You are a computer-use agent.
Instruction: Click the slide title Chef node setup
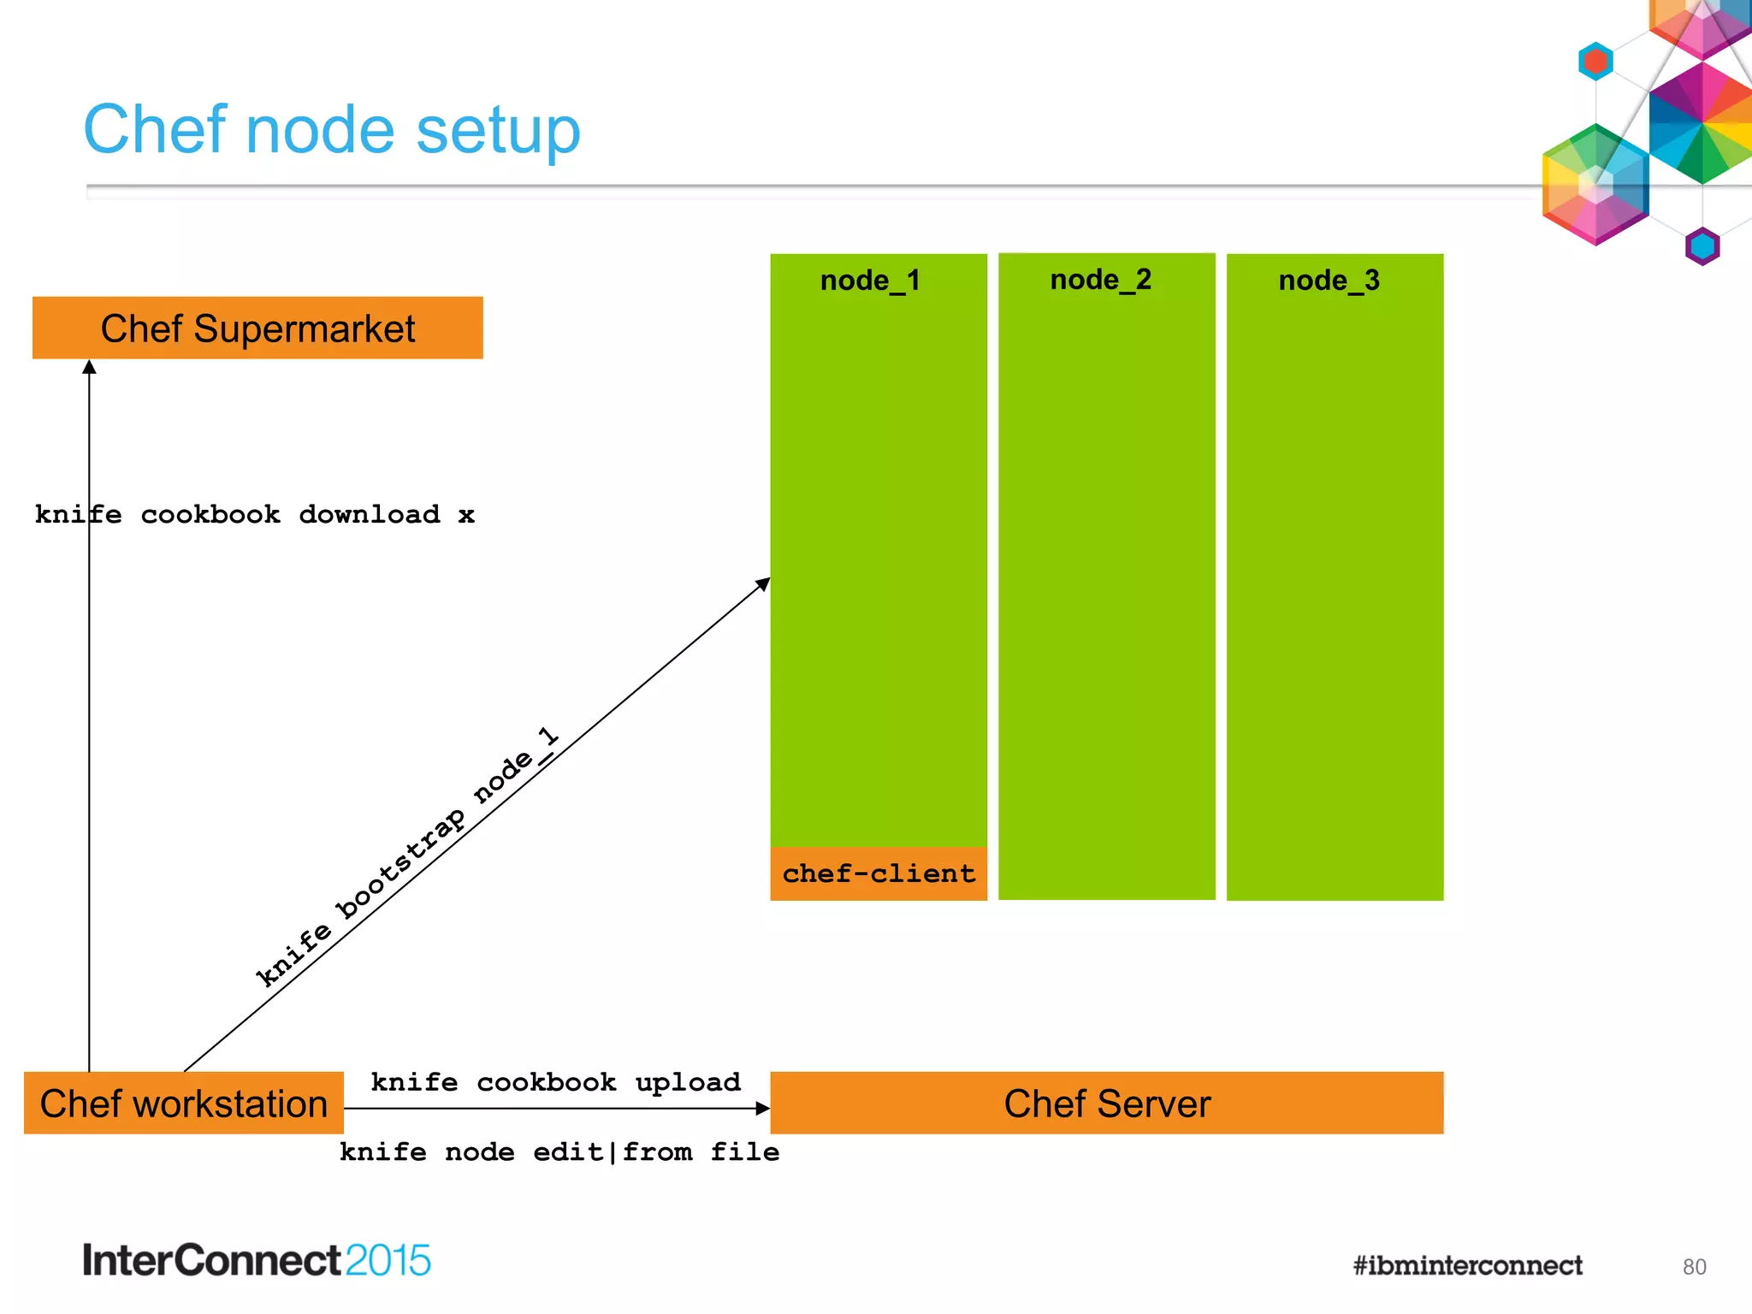pos(332,130)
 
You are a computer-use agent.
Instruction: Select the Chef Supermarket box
pos(257,328)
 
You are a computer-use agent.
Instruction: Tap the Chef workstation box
pos(184,1104)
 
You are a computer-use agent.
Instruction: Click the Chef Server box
pos(1107,1104)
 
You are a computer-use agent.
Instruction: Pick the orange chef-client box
pos(879,873)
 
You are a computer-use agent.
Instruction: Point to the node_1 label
pos(870,281)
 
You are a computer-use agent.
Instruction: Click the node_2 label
pos(1101,280)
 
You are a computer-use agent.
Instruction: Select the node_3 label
pos(1329,281)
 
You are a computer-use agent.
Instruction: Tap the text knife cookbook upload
pos(555,1082)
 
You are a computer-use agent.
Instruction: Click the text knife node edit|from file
pos(559,1152)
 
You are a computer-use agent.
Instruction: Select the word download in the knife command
pos(370,515)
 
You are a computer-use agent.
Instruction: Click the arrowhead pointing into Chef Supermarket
pos(89,367)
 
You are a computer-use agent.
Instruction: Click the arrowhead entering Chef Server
pos(762,1109)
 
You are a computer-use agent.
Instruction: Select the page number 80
pos(1694,1267)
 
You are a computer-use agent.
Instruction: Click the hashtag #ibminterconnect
pos(1467,1265)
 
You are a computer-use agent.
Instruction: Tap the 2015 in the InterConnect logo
pos(388,1261)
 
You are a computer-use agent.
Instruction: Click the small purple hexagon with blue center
pos(1702,246)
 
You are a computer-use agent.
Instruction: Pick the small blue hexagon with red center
pos(1595,62)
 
